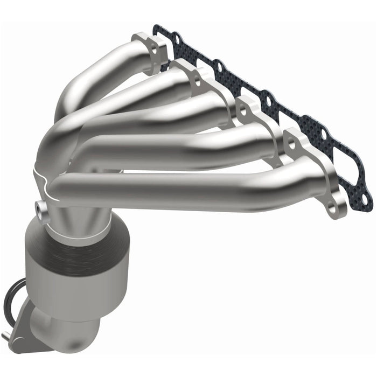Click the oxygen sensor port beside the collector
click(x=40, y=206)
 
